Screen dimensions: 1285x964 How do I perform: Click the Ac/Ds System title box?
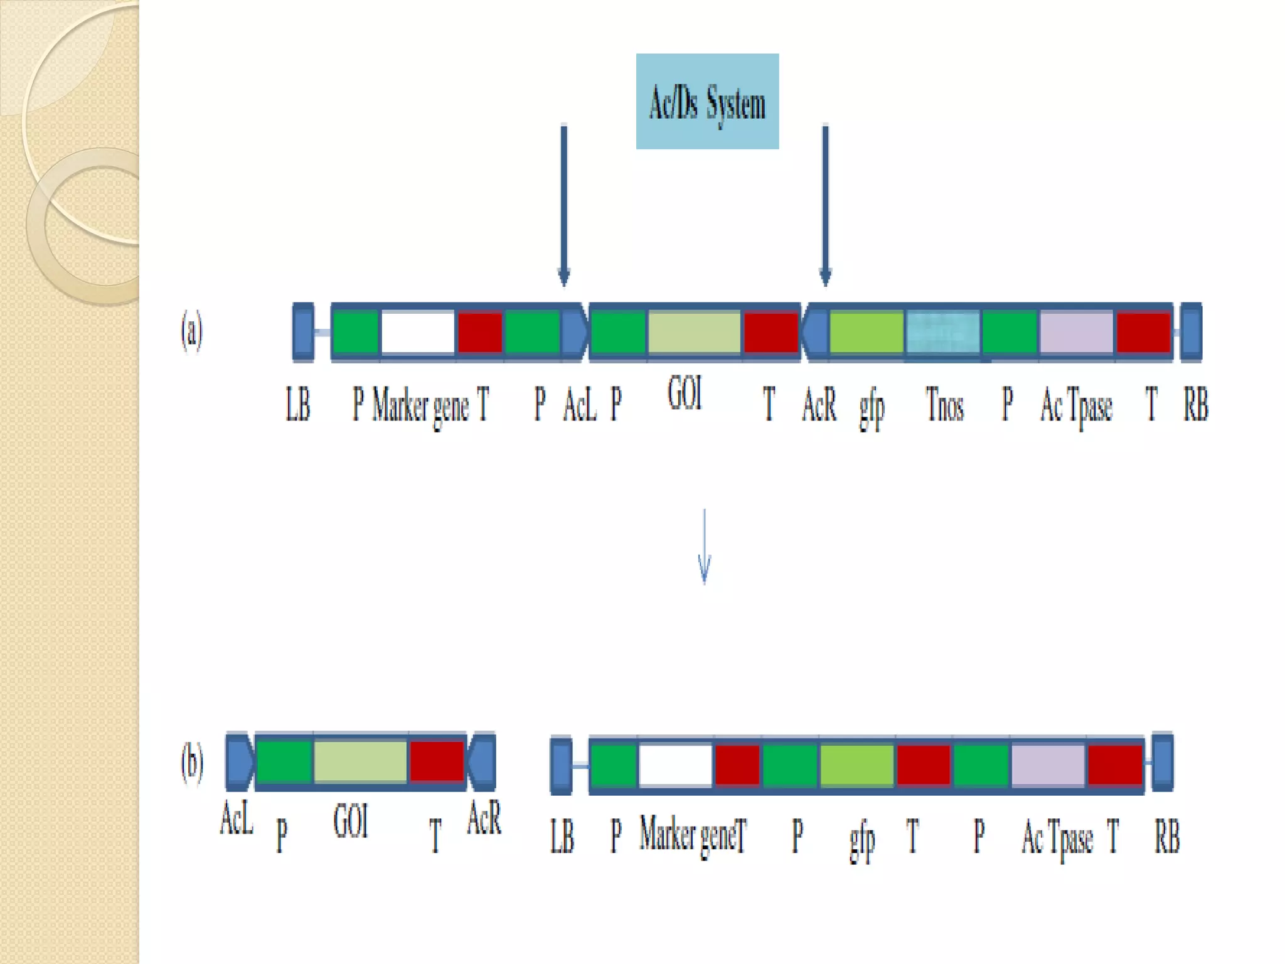click(707, 101)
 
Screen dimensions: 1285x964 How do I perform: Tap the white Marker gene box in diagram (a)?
click(418, 332)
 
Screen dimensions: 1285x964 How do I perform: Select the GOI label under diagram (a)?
click(685, 394)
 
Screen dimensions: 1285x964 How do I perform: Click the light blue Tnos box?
click(942, 332)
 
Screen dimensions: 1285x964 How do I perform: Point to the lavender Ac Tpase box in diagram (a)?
click(1077, 332)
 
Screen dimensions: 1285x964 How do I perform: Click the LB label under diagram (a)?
click(298, 404)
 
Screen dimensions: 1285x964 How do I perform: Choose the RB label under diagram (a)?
click(1195, 404)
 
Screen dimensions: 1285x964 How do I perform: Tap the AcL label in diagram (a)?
click(579, 405)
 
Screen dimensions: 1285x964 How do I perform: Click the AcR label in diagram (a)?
click(819, 405)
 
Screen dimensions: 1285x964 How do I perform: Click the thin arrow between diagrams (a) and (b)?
click(704, 546)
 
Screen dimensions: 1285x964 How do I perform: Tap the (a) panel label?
click(192, 332)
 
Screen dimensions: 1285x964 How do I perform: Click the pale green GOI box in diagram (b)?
click(360, 761)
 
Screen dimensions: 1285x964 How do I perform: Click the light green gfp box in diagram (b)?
click(857, 765)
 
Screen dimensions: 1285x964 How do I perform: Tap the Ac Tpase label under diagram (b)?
click(1057, 838)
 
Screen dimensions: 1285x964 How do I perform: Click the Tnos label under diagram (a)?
click(944, 405)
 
